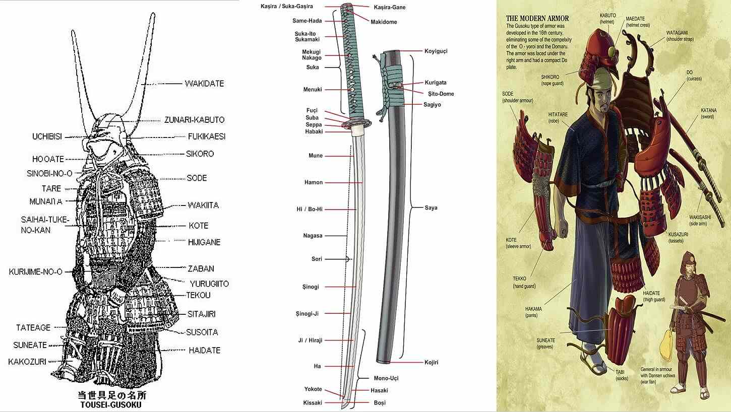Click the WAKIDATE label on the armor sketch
204,84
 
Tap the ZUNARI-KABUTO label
195,120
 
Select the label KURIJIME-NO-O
36,272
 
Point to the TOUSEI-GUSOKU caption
111,404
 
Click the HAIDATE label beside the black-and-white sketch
205,350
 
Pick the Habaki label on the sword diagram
314,132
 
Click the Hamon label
314,182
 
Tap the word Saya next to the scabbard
431,208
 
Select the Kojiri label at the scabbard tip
431,362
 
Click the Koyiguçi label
436,51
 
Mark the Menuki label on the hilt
313,90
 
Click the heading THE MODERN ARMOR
537,19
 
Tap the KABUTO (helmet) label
607,19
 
